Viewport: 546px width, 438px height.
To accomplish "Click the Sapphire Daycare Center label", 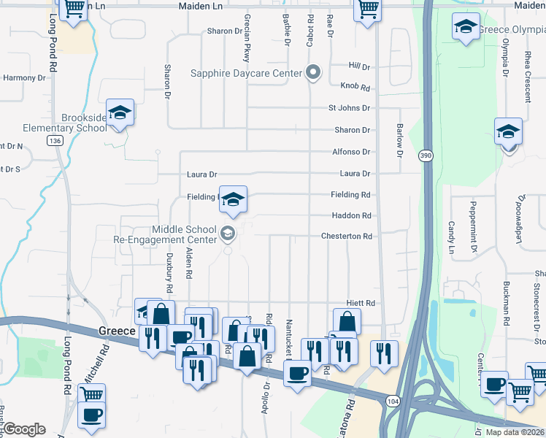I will coord(247,73).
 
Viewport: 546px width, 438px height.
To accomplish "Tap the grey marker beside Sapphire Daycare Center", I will coord(313,72).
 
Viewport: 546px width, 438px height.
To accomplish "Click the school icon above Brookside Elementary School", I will coord(120,113).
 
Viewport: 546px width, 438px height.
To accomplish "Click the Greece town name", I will coord(117,331).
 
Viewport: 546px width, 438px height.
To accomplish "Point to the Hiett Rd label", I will coord(360,303).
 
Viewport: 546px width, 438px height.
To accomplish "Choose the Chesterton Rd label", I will coord(347,237).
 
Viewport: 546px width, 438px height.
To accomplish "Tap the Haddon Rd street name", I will coord(351,216).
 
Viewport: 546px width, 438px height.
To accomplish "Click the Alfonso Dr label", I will coord(351,152).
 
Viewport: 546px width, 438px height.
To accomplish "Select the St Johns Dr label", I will coord(349,108).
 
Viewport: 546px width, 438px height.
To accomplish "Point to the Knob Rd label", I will coord(359,88).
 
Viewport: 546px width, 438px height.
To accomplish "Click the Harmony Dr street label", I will coord(25,77).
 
